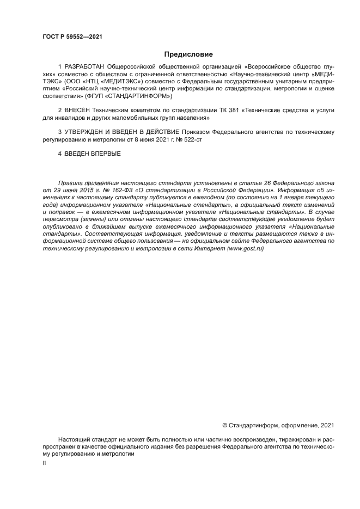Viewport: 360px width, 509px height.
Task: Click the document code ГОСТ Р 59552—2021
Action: tap(72, 37)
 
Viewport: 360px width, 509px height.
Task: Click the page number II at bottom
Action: tap(44, 463)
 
